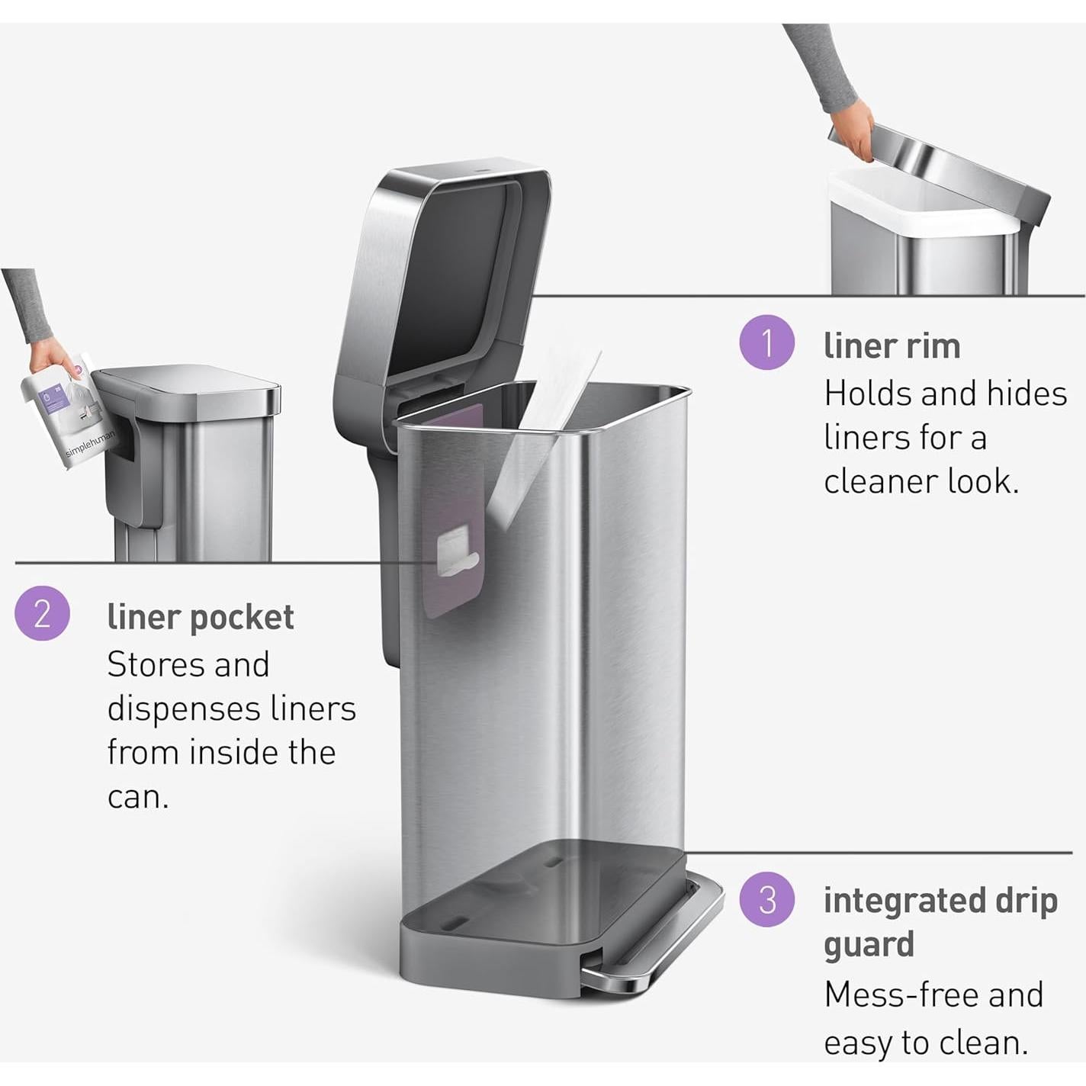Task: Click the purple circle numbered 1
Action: (x=767, y=342)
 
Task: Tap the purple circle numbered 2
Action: (x=43, y=612)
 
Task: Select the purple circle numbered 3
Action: (x=767, y=899)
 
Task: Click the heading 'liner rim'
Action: (x=892, y=345)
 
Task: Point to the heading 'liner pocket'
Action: (x=200, y=617)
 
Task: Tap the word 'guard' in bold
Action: (x=869, y=944)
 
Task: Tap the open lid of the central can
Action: (x=458, y=267)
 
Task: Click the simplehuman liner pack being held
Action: (x=65, y=416)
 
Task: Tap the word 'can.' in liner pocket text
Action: (x=137, y=797)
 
